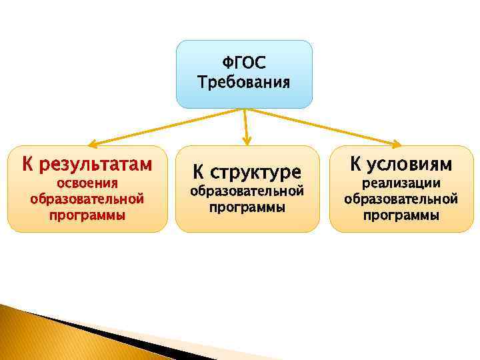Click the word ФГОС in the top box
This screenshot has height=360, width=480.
(x=244, y=64)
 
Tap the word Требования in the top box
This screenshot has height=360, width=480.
(x=244, y=83)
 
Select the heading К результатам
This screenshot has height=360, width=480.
(x=87, y=164)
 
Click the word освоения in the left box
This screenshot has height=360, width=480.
(x=87, y=183)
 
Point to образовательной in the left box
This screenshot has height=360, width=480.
(x=87, y=199)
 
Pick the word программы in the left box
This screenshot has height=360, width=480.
(x=87, y=215)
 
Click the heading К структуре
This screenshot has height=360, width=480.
(x=247, y=172)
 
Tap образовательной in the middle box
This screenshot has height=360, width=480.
(x=247, y=191)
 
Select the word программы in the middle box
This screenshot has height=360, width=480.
(x=247, y=207)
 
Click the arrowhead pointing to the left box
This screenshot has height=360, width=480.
(x=93, y=142)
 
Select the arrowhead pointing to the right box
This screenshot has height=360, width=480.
(x=396, y=142)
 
